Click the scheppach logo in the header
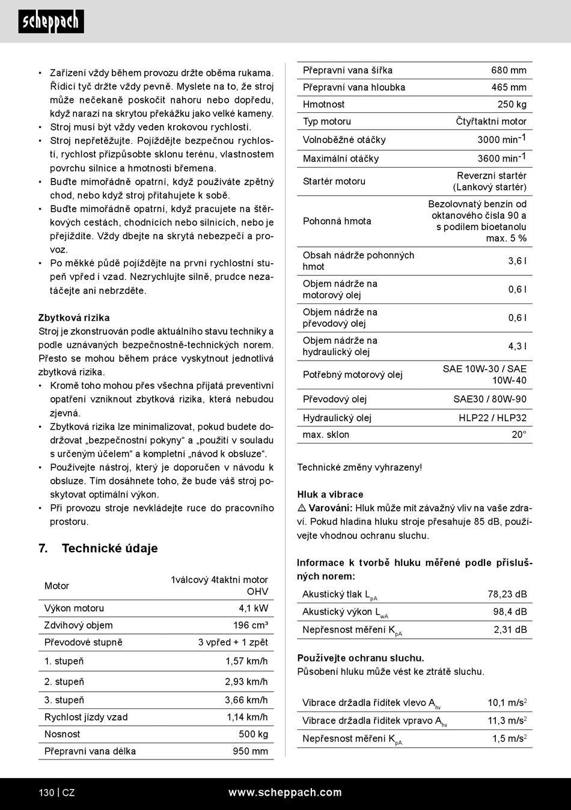[51, 22]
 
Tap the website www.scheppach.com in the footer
[285, 792]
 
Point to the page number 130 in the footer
[46, 793]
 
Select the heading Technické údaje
[109, 548]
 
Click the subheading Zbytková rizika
[74, 317]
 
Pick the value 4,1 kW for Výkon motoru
[253, 608]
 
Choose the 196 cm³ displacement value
[250, 625]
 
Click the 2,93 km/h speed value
[246, 681]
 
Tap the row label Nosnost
[62, 734]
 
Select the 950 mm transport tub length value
[250, 751]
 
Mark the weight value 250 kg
[511, 104]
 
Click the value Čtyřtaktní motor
[490, 121]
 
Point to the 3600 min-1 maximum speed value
[501, 158]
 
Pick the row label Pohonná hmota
[337, 221]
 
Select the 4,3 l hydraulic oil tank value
[517, 346]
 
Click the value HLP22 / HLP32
[492, 418]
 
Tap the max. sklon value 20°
[519, 434]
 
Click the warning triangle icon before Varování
[302, 508]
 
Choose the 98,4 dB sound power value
[510, 612]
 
